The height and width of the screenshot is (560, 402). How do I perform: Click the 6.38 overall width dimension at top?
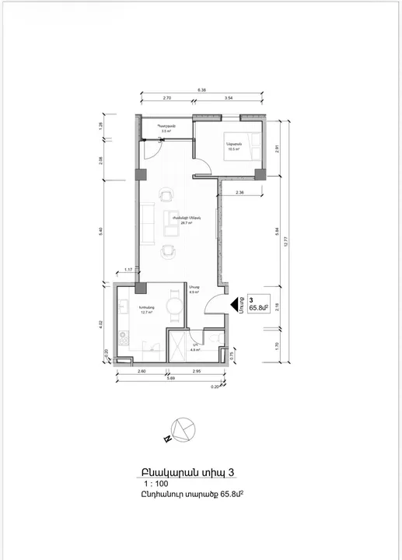click(202, 90)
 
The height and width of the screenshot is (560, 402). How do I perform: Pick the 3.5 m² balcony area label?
click(165, 131)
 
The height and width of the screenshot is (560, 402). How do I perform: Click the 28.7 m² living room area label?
click(186, 221)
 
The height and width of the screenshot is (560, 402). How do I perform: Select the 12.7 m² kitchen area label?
click(146, 311)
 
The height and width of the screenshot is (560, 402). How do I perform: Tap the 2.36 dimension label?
click(240, 192)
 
